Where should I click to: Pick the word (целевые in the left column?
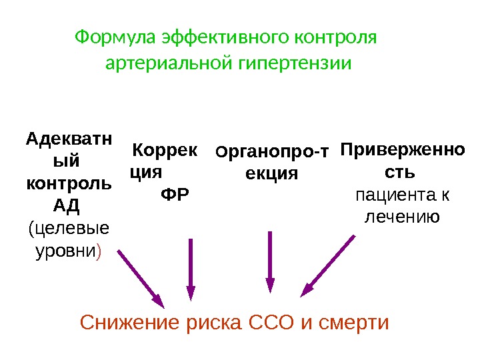pos(69,229)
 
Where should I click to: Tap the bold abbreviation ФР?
pos(175,195)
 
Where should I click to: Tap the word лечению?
pos(401,217)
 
